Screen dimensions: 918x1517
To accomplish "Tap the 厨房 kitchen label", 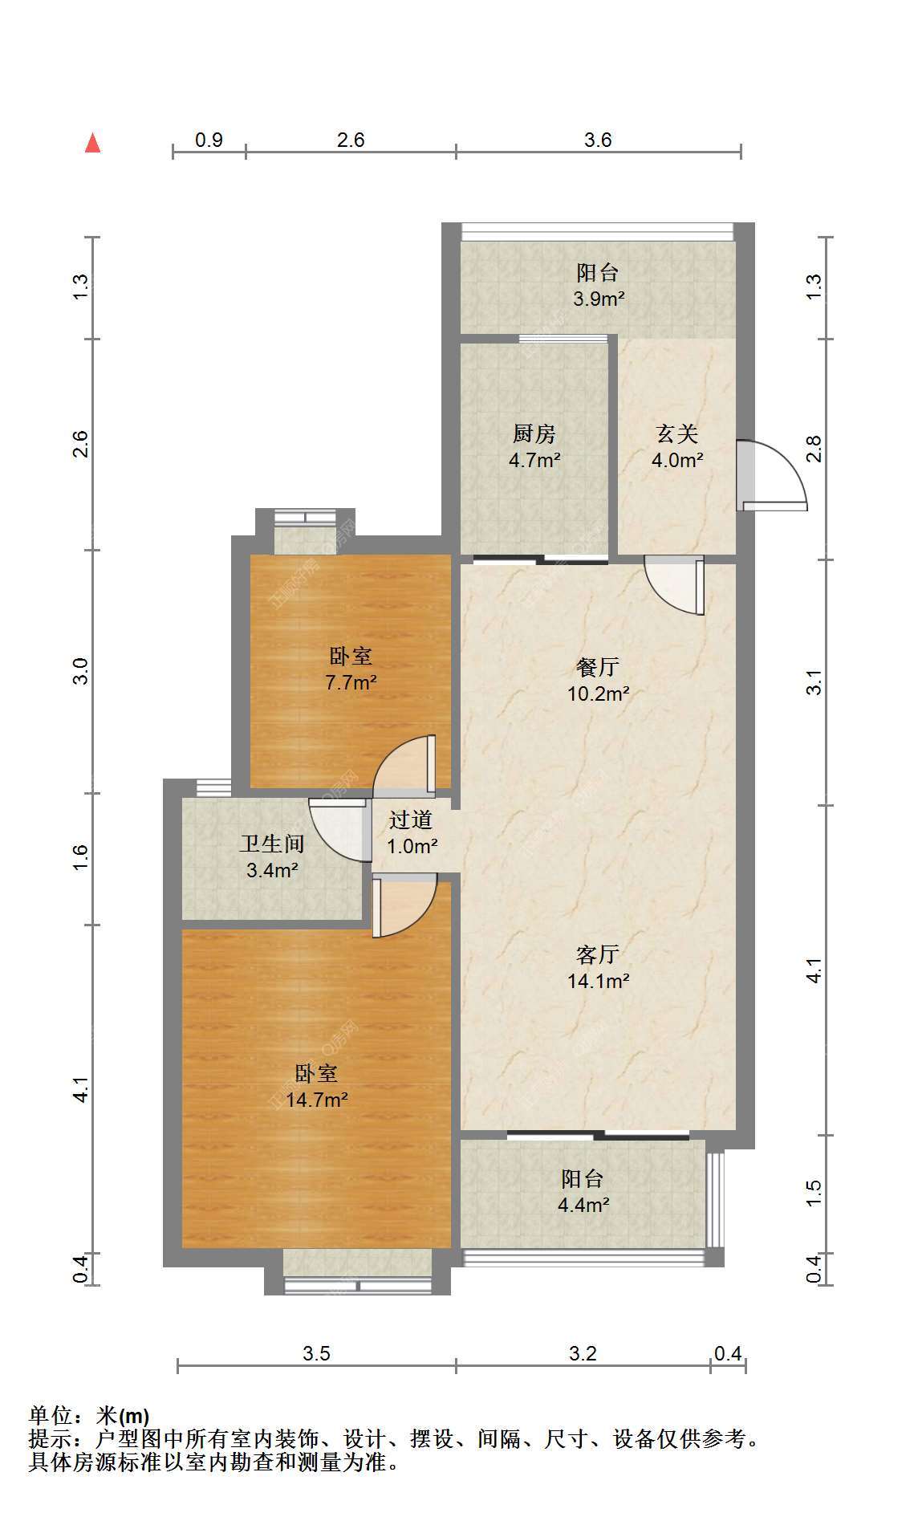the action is coord(534,434).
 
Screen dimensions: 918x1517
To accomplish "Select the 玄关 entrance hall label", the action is coord(677,434).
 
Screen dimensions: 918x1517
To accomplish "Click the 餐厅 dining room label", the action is coord(598,667).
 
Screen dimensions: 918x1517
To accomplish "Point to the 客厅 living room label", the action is coord(598,954).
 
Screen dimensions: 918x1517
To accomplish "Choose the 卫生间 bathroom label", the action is coord(273,844).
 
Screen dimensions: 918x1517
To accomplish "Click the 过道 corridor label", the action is coord(411,820).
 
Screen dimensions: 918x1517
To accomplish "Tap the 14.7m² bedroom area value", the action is coord(317,1100).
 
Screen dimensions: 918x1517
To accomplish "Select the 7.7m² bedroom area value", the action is coord(351,683).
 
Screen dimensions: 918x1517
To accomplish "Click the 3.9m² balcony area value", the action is coord(599,299).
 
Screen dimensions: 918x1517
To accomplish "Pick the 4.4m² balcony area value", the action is coord(583,1205).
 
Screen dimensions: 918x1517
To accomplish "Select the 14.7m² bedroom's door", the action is coord(404,906).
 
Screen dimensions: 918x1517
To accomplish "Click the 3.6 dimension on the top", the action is coord(598,140).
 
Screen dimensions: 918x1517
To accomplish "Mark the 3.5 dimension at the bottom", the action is coord(316,1354).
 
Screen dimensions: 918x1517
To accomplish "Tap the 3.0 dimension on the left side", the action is coord(80,671).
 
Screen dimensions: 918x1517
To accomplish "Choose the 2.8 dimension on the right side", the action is coord(814,449).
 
